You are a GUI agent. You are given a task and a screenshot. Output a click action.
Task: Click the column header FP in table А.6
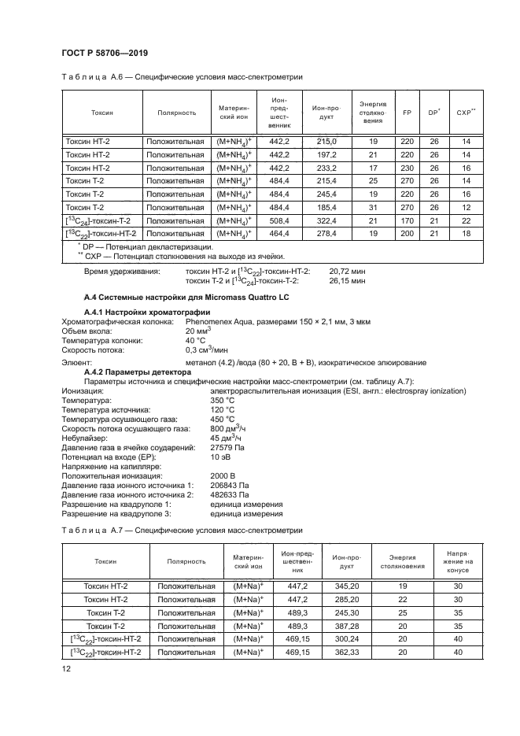tap(407, 113)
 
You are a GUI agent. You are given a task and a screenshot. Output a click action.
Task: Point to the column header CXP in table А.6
tap(467, 113)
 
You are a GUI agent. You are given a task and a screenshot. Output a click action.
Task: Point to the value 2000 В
tap(223, 475)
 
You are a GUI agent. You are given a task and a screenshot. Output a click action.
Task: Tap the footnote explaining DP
tap(138, 246)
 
